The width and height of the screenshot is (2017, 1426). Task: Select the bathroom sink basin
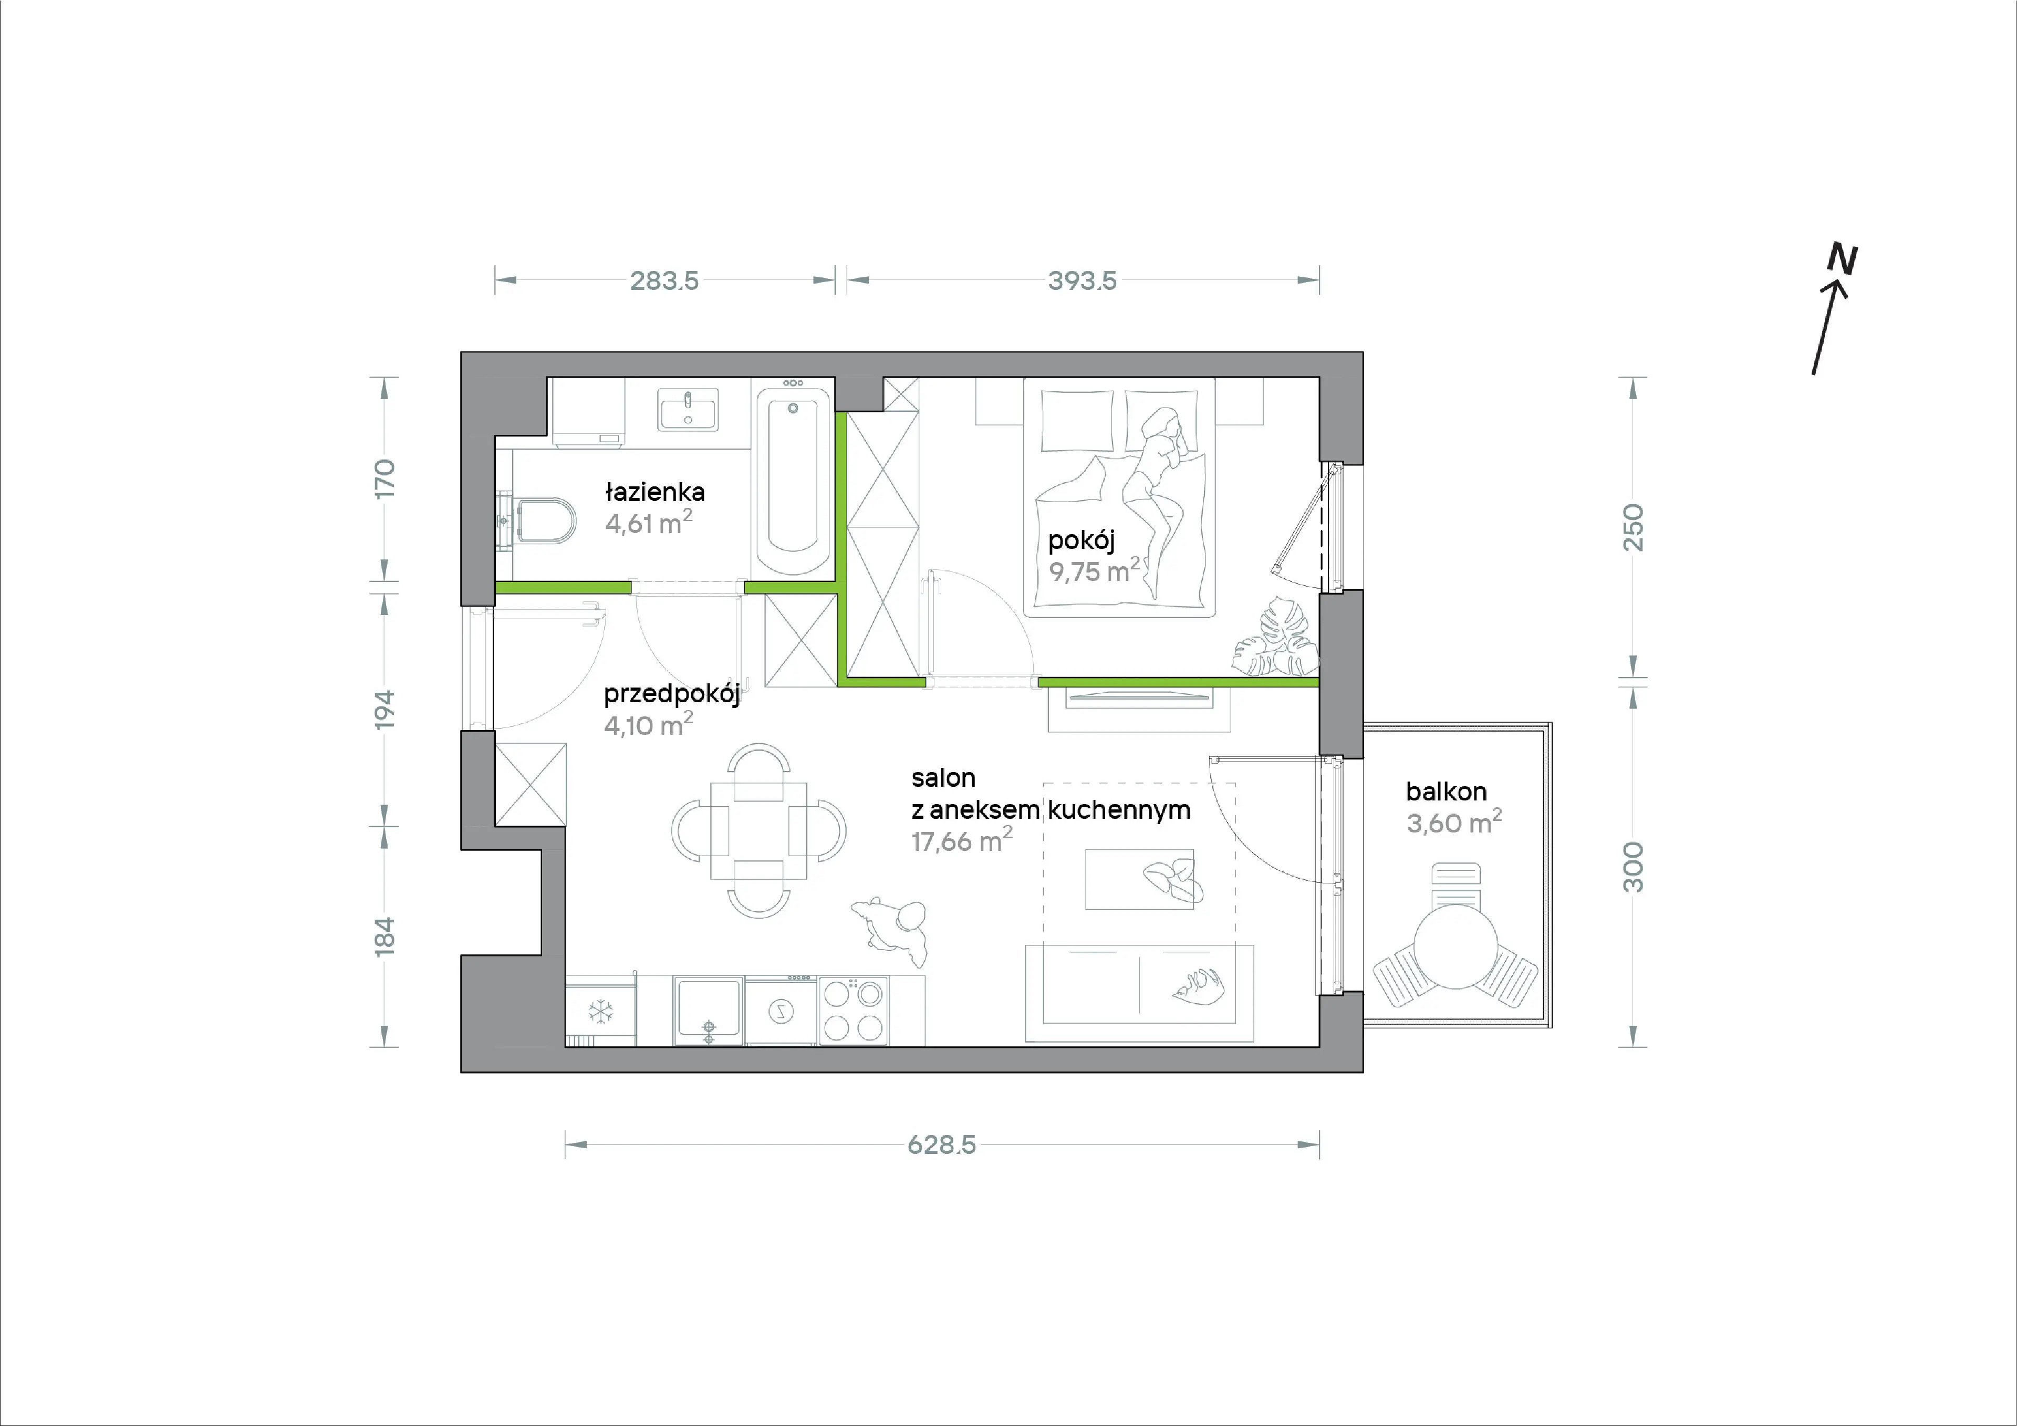688,410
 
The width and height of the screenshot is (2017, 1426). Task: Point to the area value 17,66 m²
962,840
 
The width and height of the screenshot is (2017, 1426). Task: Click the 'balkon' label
1446,792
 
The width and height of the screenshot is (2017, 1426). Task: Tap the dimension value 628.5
942,1145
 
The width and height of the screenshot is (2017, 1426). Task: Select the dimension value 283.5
664,280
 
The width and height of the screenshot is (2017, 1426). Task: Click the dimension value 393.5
1082,280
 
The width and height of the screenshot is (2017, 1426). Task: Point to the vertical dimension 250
1632,527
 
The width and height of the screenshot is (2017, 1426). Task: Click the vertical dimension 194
384,710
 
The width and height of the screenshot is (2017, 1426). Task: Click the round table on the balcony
1455,947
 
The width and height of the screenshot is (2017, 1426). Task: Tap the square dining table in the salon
758,831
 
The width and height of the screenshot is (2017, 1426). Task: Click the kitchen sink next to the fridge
708,1011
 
